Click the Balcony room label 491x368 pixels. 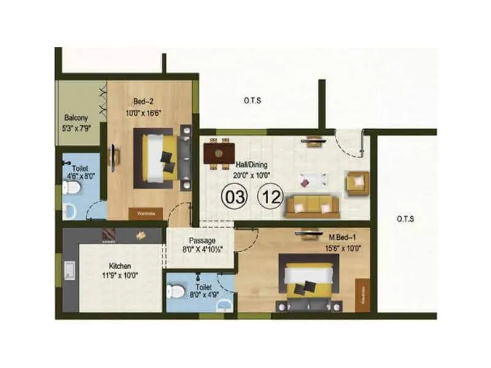point(77,117)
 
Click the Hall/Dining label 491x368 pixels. point(253,165)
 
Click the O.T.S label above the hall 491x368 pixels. point(252,101)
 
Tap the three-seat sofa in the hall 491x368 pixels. point(312,206)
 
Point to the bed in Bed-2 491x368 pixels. point(161,158)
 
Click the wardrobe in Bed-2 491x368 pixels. point(141,214)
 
